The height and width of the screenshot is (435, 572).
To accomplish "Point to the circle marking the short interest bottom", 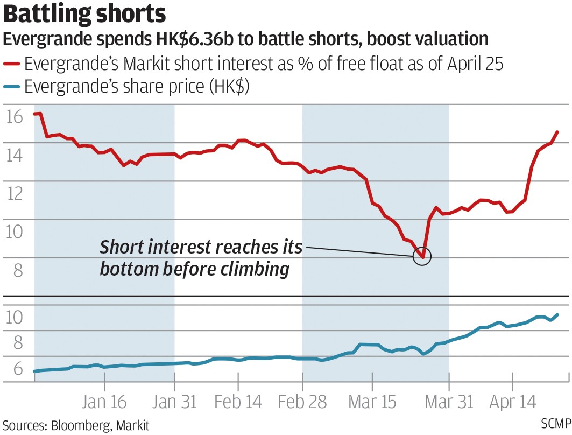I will pos(422,256).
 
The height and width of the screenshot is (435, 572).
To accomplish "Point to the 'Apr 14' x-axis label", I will pos(513,402).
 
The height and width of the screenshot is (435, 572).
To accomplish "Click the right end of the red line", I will pos(557,132).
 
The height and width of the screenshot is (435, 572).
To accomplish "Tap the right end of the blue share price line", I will pos(557,315).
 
